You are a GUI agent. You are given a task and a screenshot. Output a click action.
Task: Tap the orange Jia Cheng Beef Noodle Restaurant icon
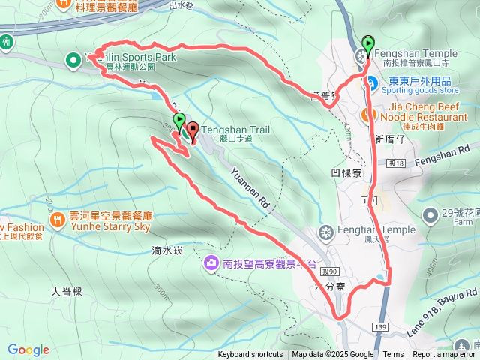(367, 115)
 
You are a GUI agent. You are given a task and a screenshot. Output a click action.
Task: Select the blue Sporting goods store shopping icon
(371, 82)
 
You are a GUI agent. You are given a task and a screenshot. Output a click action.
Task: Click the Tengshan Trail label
(235, 130)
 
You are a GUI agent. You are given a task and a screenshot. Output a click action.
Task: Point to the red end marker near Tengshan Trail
(190, 130)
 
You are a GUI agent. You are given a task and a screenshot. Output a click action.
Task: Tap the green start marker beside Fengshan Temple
(367, 44)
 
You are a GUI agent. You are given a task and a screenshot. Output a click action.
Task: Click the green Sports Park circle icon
(73, 59)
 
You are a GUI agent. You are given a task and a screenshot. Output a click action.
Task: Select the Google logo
(28, 349)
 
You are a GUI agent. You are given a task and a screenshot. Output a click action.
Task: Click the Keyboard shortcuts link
(250, 355)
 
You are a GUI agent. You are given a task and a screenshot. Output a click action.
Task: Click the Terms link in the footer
(393, 355)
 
